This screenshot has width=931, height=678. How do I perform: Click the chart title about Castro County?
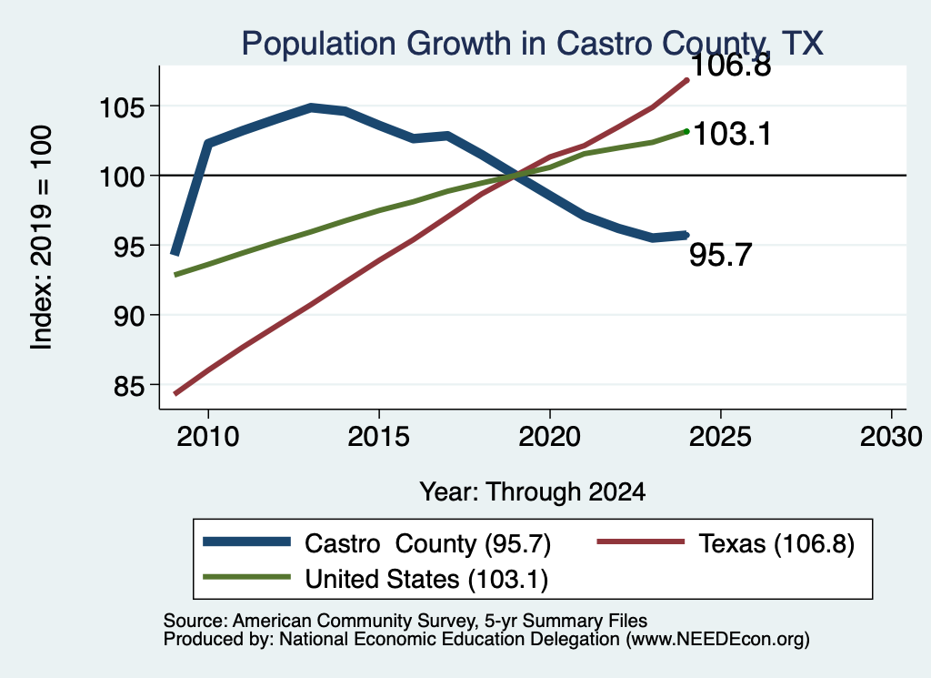532,44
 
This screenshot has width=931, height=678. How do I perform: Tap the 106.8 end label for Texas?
731,65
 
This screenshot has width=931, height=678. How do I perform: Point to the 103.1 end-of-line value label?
732,134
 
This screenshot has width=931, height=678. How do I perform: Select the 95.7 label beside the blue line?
720,255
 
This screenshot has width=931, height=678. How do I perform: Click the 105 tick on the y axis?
121,108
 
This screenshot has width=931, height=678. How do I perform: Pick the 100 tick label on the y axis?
121,177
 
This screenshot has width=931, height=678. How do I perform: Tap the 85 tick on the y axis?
129,386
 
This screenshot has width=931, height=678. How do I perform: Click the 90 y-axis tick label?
129,316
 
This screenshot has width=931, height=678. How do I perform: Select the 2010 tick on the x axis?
208,437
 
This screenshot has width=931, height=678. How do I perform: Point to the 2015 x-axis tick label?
379,437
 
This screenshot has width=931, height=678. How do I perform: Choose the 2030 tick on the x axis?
891,437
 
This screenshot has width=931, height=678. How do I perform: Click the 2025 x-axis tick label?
720,437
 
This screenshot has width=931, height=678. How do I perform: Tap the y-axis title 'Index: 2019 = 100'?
42,238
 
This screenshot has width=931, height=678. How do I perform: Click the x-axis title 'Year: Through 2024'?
533,492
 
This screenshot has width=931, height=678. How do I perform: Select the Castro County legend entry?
377,543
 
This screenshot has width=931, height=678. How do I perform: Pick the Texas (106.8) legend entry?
726,543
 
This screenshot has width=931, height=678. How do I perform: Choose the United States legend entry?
375,579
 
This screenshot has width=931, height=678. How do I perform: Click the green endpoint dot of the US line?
687,131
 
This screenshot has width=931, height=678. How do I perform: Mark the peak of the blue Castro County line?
311,107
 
